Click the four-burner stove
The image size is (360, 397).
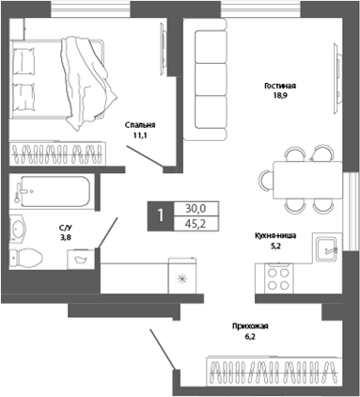[x=278, y=277]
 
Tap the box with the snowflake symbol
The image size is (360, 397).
[x=183, y=279]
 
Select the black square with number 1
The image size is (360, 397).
[x=161, y=215]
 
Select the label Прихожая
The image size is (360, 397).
[x=250, y=326]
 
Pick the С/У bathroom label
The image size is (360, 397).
[x=65, y=228]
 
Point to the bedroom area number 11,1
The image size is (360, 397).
[x=139, y=135]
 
